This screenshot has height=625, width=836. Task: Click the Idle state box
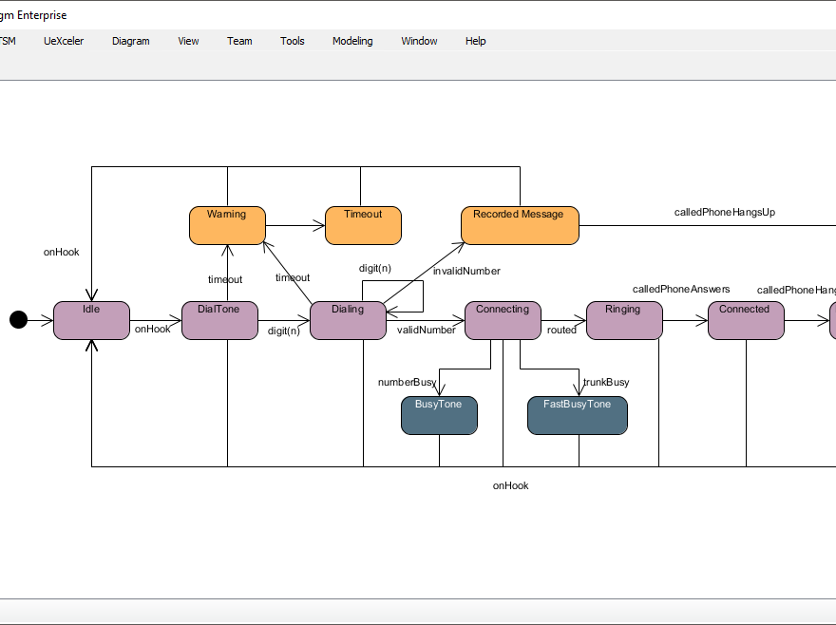click(91, 320)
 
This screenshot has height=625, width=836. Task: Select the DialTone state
click(219, 320)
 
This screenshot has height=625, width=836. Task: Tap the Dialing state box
click(348, 320)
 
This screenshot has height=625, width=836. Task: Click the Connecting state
click(503, 320)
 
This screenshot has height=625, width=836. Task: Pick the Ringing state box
click(623, 320)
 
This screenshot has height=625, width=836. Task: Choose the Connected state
click(745, 320)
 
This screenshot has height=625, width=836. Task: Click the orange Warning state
click(227, 225)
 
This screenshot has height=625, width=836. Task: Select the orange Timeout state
click(363, 225)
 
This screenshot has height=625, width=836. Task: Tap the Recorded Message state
click(519, 225)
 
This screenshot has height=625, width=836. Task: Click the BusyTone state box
click(438, 415)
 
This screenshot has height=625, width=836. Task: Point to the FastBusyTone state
click(577, 415)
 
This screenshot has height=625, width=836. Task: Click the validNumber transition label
click(426, 331)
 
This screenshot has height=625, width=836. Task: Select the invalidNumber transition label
click(466, 271)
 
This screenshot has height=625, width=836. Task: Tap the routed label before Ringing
click(561, 331)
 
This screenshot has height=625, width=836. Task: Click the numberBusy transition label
click(407, 382)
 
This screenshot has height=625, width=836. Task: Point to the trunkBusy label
click(606, 382)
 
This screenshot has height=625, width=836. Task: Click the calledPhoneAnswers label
click(681, 289)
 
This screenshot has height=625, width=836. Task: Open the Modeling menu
click(352, 41)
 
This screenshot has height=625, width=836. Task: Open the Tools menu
click(292, 41)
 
